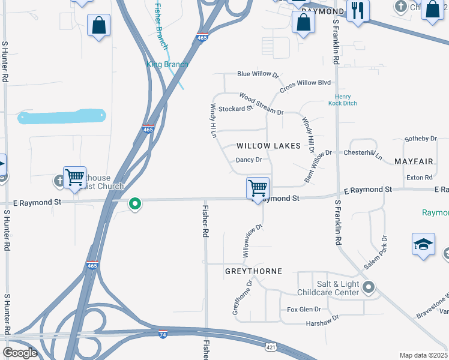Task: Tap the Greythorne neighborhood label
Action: (253, 271)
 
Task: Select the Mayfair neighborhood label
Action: (414, 162)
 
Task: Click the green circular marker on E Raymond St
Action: (135, 204)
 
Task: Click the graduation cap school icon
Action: (423, 245)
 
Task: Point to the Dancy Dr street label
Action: (249, 160)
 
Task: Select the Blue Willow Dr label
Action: (258, 74)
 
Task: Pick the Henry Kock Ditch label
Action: (343, 100)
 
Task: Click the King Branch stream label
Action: (167, 64)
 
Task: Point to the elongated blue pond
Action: (62, 116)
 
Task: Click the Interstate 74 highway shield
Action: (163, 335)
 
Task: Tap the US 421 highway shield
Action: (272, 347)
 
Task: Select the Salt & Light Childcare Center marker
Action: (369, 287)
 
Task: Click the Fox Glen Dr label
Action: (304, 310)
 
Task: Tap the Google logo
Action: (21, 353)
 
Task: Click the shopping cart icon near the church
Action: (74, 178)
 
